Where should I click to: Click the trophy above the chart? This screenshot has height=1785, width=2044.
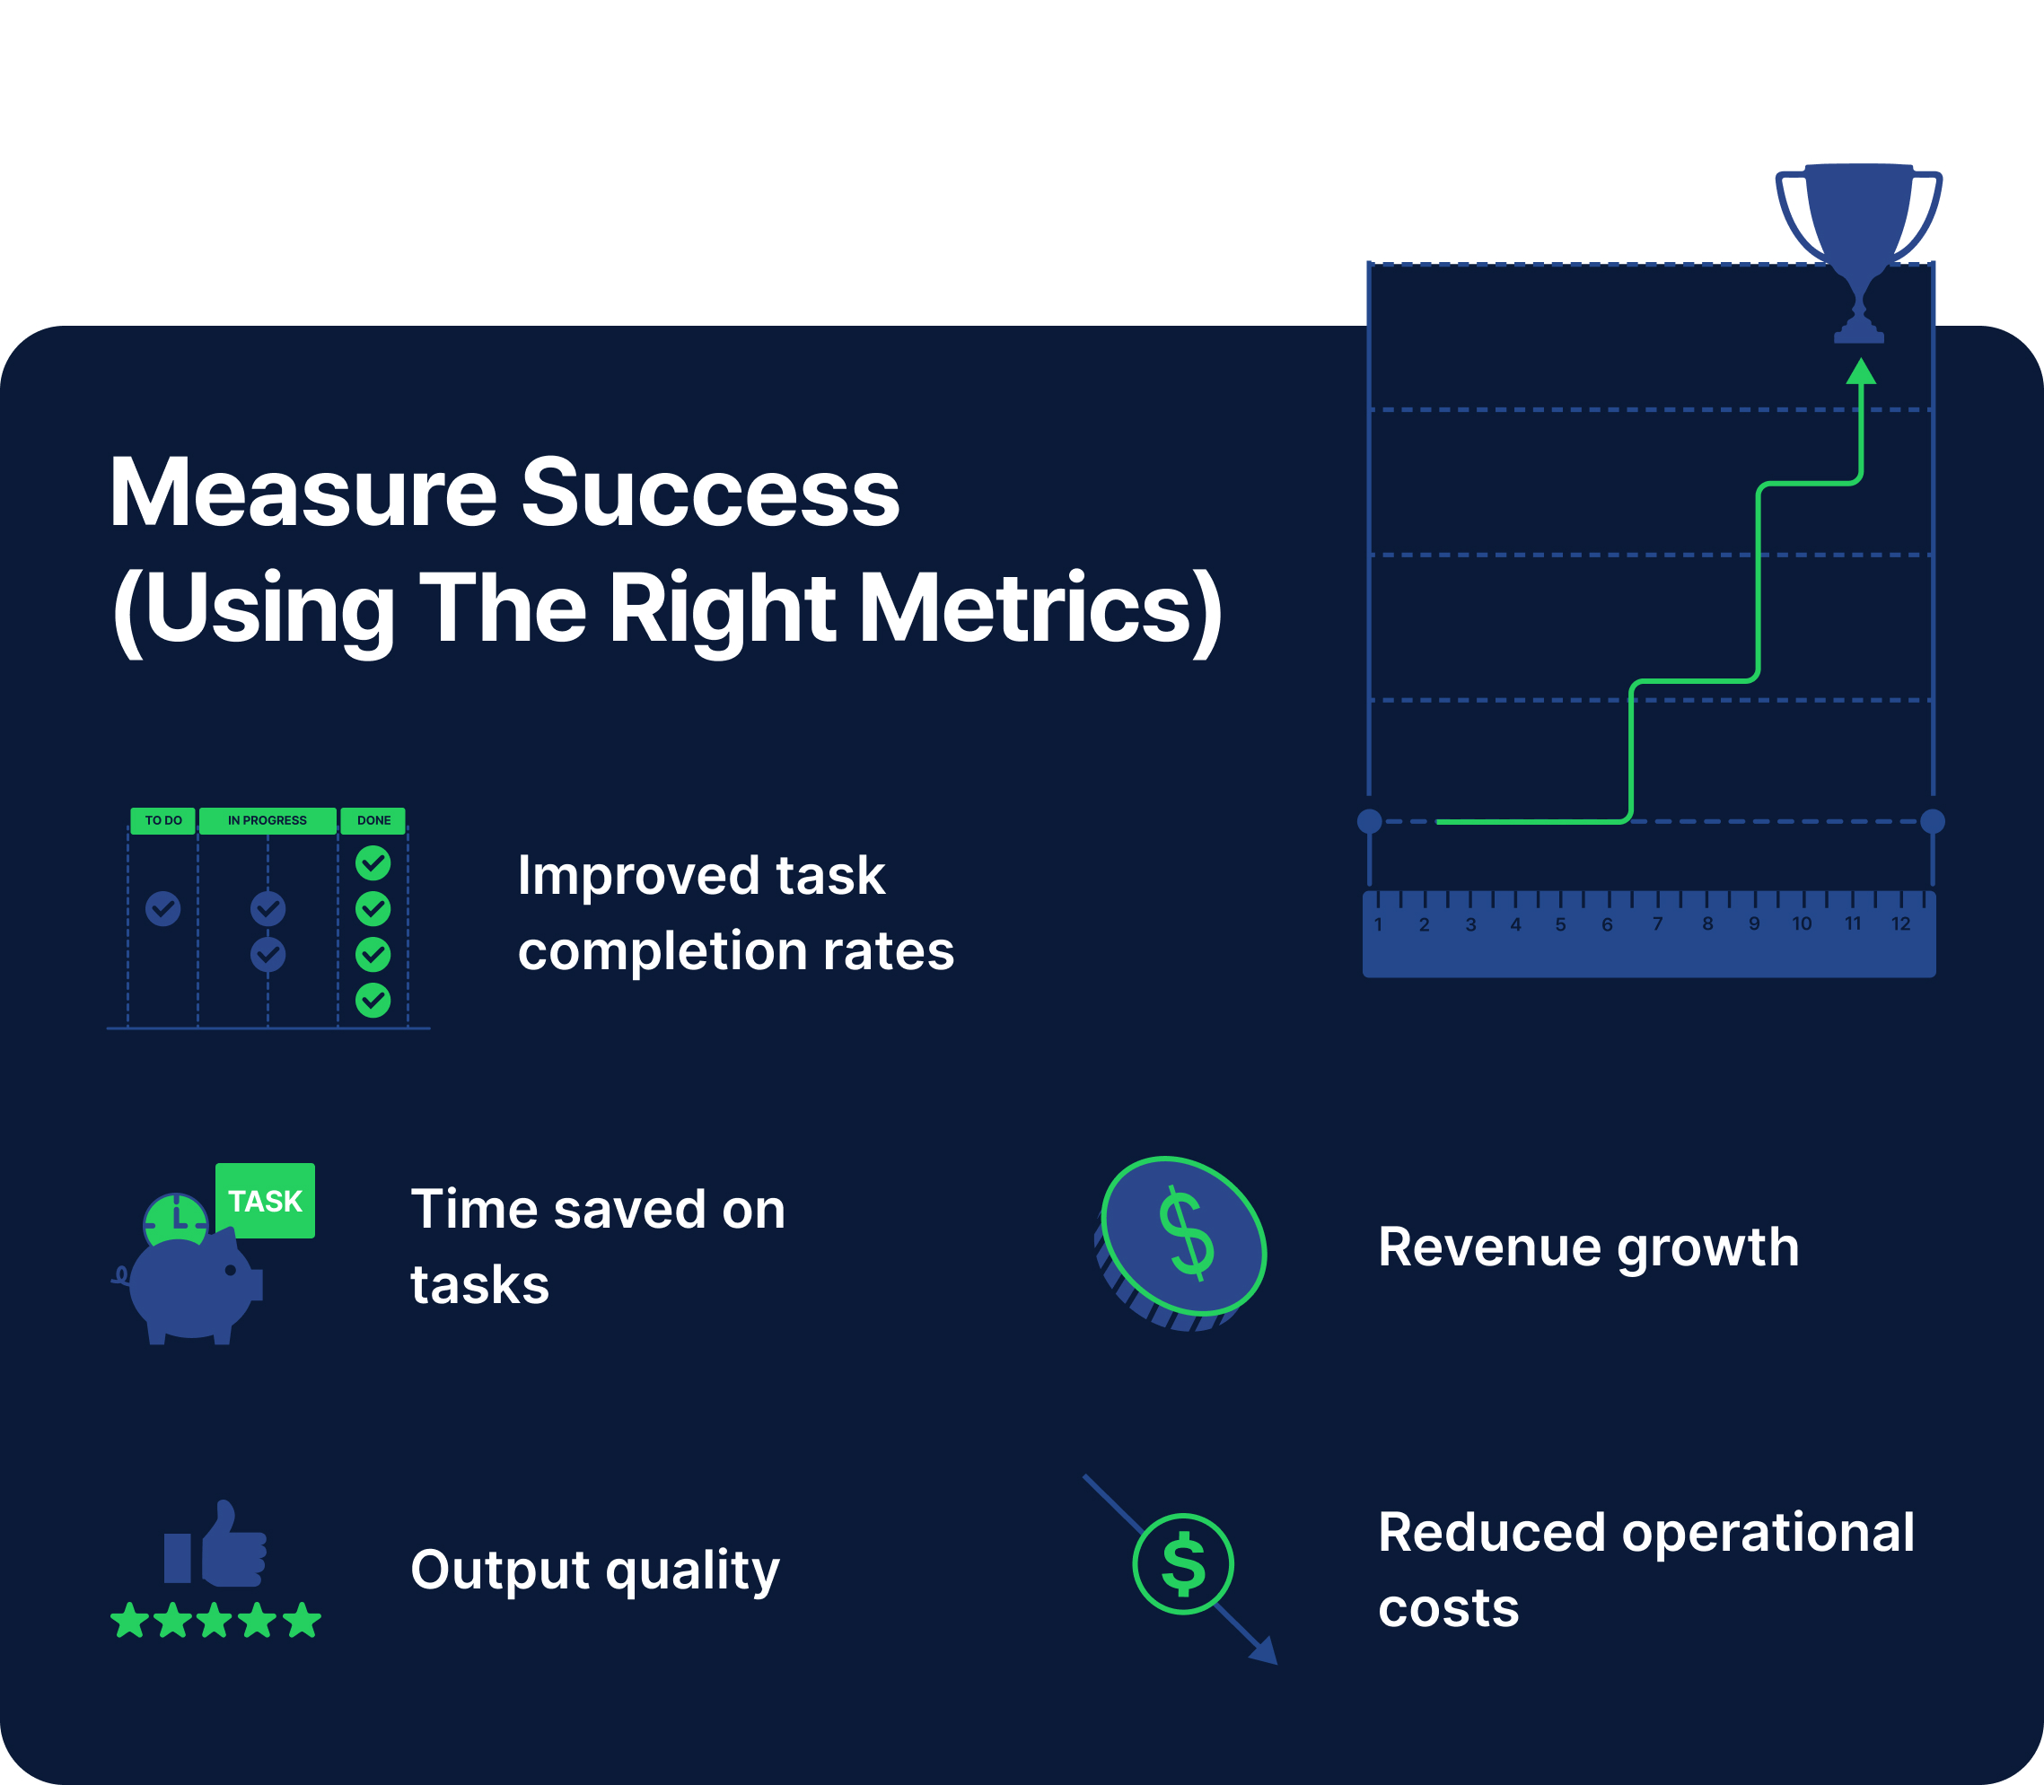point(1859,229)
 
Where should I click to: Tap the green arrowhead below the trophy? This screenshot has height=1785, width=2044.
point(1861,372)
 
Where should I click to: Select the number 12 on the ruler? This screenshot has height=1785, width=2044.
point(1900,923)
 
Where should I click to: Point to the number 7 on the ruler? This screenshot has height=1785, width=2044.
point(1657,923)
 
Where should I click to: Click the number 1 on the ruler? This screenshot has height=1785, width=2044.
point(1379,924)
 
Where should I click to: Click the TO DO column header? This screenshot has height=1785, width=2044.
point(163,821)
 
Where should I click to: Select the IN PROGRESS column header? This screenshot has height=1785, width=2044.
point(267,821)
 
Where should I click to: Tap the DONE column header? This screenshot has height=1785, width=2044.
point(373,821)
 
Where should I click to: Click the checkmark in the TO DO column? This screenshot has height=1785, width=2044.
point(163,907)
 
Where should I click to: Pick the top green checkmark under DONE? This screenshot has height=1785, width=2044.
point(373,862)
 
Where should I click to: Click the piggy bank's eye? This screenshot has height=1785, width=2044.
point(231,1270)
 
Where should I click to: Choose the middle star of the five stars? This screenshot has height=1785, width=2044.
point(215,1621)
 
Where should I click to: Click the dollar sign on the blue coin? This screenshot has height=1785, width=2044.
point(1187,1233)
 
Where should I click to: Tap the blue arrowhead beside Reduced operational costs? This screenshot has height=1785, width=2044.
point(1265,1650)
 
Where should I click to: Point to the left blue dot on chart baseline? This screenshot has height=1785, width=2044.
point(1370,821)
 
